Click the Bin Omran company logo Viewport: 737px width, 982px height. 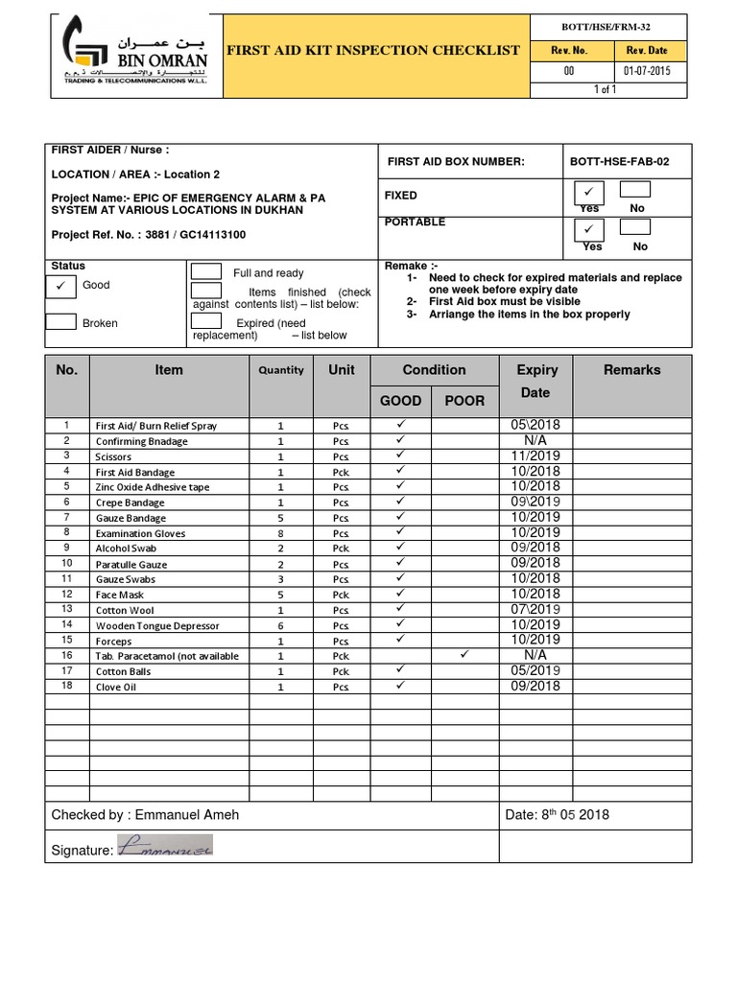click(133, 56)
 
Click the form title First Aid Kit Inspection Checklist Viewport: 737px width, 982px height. click(372, 51)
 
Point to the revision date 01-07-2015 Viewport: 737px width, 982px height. click(648, 71)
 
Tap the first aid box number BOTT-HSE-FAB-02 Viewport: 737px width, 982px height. click(619, 162)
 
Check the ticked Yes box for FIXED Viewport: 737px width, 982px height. click(588, 192)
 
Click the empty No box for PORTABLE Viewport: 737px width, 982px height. click(634, 228)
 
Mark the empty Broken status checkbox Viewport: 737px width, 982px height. click(61, 322)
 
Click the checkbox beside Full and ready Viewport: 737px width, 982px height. click(206, 272)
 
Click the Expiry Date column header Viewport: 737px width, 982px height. click(536, 381)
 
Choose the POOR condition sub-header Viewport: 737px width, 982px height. click(464, 400)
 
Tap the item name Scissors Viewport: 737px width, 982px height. click(113, 456)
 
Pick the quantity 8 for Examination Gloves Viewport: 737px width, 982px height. click(280, 533)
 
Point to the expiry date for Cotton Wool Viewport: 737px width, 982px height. click(536, 609)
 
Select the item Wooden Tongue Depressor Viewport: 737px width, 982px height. click(157, 625)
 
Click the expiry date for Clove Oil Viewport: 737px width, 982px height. click(536, 686)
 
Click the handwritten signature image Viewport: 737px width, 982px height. click(164, 846)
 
